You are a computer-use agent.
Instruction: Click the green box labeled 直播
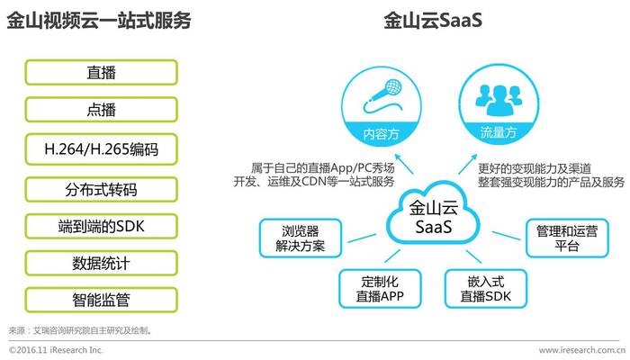click(101, 72)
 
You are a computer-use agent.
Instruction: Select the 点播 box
click(101, 109)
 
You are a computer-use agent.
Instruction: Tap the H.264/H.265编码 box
click(101, 149)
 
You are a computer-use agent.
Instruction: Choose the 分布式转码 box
click(101, 189)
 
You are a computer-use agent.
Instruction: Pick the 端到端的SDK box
click(101, 226)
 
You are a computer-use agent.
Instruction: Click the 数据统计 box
click(101, 263)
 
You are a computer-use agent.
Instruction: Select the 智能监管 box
click(101, 300)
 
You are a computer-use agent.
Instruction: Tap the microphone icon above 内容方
click(382, 95)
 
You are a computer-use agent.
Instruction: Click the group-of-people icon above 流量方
click(499, 98)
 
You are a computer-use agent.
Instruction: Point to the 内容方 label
click(381, 133)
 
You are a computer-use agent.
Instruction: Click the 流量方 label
click(499, 132)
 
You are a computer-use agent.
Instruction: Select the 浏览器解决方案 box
click(300, 238)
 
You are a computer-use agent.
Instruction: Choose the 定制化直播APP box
click(380, 289)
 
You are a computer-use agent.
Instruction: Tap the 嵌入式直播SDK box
click(486, 289)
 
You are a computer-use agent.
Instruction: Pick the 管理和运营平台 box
click(567, 238)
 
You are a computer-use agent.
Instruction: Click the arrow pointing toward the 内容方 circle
click(404, 164)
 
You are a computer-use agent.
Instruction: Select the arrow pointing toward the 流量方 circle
click(468, 164)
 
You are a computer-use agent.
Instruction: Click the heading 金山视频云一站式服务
click(99, 20)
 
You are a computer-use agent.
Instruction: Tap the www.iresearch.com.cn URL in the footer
click(581, 350)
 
